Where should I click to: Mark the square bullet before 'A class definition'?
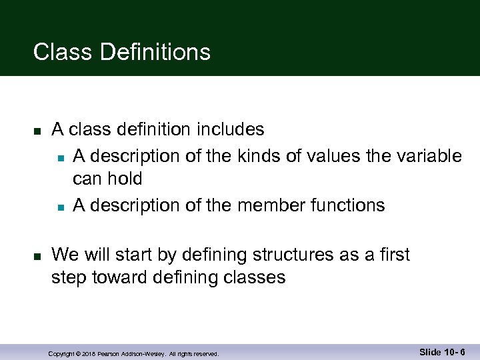click(38, 130)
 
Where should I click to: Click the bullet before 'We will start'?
click(38, 256)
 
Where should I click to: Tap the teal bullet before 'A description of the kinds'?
click(60, 157)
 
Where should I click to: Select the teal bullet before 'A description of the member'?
click(60, 207)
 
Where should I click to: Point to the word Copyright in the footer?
click(62, 353)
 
